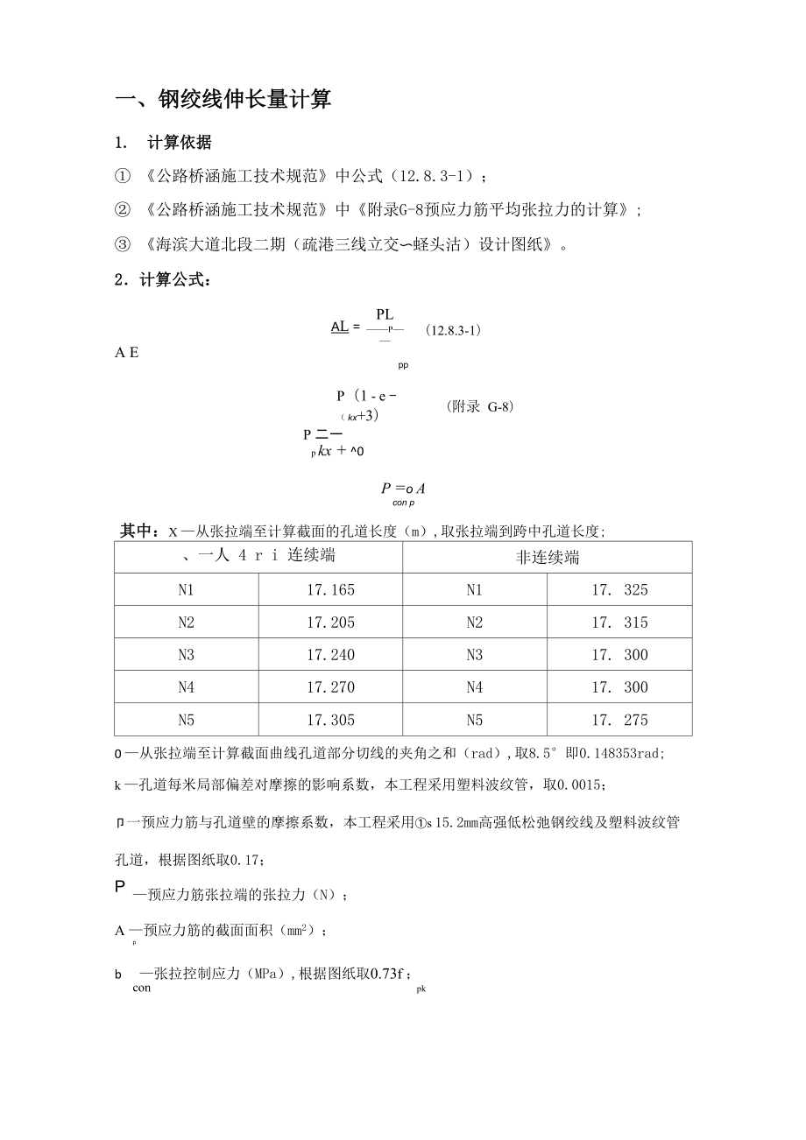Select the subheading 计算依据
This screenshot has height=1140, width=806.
179,143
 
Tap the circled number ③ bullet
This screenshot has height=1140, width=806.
123,244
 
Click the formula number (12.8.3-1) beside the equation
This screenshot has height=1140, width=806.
453,331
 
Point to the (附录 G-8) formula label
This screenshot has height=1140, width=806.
479,407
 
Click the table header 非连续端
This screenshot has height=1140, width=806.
547,558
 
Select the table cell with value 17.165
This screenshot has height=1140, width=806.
330,590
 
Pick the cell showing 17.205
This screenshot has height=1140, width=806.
330,623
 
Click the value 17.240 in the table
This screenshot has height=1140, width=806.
330,655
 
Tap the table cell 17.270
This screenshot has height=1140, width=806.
330,687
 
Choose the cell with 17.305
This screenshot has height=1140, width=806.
330,720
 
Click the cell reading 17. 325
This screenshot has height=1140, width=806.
619,590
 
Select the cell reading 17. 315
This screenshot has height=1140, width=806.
619,623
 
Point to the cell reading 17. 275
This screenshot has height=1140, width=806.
619,720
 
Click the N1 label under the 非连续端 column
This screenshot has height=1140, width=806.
474,590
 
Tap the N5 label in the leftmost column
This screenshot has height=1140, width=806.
186,720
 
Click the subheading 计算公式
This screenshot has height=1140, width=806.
170,280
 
